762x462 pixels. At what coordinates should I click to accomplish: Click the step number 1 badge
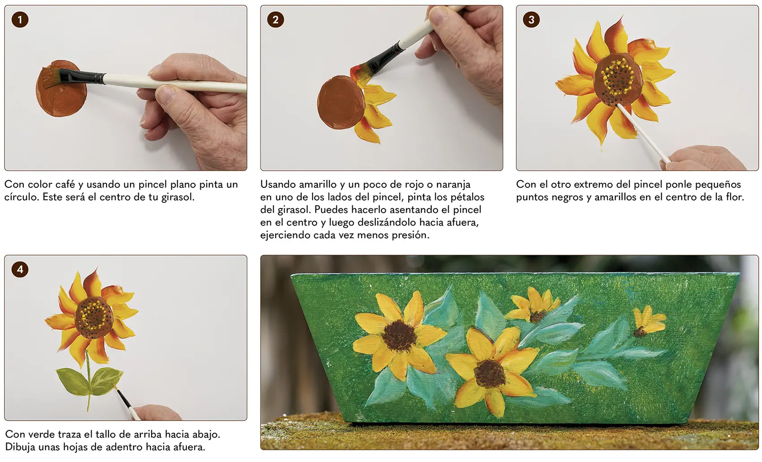(20, 19)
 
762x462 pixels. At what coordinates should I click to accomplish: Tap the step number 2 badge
(276, 19)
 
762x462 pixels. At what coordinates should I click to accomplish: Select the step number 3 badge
(531, 19)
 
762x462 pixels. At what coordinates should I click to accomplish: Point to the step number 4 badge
(20, 269)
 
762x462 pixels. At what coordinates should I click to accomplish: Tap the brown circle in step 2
(341, 103)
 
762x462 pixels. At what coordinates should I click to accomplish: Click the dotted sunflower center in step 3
(618, 79)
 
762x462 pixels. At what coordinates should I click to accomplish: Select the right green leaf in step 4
(107, 380)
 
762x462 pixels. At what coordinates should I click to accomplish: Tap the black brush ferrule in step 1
(82, 77)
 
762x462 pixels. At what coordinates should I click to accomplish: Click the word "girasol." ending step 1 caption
(178, 197)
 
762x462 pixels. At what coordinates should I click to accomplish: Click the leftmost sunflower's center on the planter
(398, 335)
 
